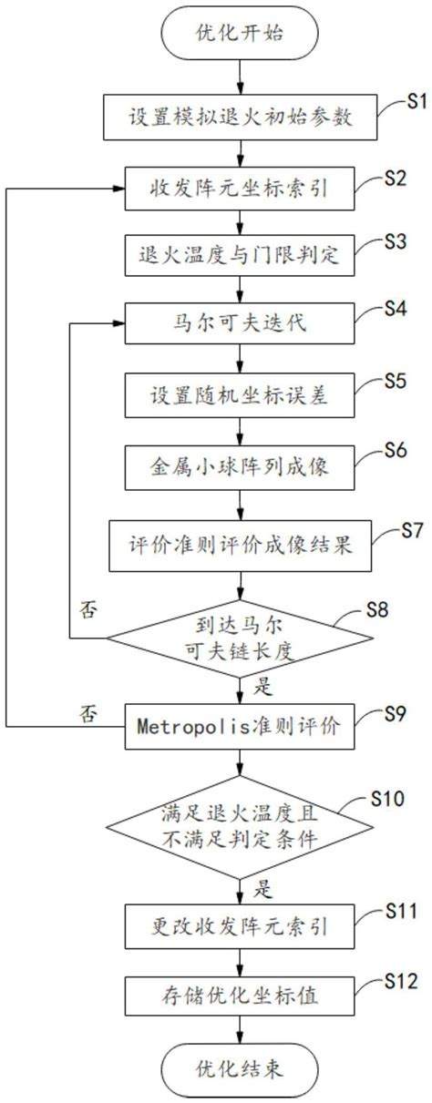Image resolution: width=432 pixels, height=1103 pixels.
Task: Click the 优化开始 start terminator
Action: (240, 36)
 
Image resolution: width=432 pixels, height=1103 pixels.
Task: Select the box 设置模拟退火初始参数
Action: (240, 116)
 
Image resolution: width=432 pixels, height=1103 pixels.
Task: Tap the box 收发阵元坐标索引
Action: (240, 189)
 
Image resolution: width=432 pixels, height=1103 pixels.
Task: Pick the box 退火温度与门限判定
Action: (240, 254)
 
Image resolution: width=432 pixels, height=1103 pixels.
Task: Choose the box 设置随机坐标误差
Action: (240, 399)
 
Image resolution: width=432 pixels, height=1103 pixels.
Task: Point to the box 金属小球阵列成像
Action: (240, 472)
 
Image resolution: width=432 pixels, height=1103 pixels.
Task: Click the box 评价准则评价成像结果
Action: (240, 546)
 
